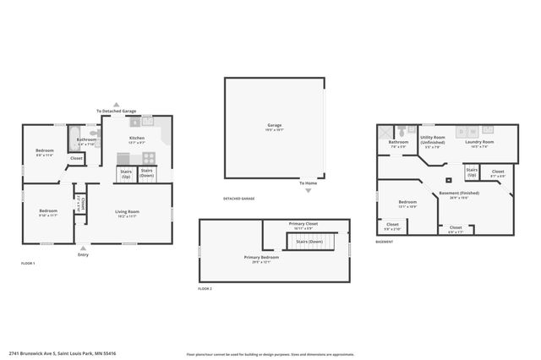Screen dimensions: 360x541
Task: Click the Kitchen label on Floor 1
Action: tap(136, 138)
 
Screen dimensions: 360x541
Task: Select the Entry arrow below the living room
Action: tap(83, 248)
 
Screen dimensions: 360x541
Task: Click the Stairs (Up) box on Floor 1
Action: tap(126, 173)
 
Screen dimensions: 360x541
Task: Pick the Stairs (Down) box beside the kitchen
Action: tap(146, 173)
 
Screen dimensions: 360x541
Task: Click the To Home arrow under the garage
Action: tap(308, 190)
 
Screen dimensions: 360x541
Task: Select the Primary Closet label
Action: tap(305, 226)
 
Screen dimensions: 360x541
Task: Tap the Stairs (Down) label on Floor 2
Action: tap(307, 241)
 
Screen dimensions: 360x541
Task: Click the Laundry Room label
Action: tap(478, 143)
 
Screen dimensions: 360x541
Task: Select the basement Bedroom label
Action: tap(407, 202)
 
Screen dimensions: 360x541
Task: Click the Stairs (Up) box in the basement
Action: tap(472, 172)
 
